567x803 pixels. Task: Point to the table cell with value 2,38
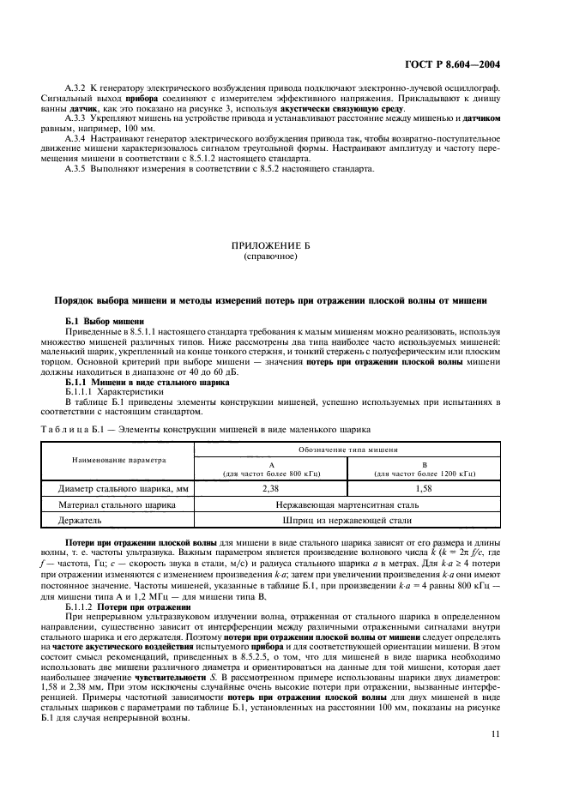click(x=271, y=488)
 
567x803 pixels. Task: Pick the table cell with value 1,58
click(x=423, y=488)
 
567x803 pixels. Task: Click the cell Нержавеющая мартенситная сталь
click(x=347, y=504)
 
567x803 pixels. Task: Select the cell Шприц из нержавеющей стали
click(x=347, y=520)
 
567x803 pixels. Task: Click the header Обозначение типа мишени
click(x=347, y=450)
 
